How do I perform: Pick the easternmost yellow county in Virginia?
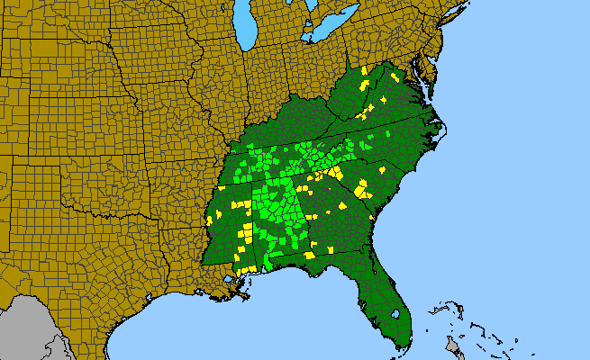[x=395, y=78]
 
